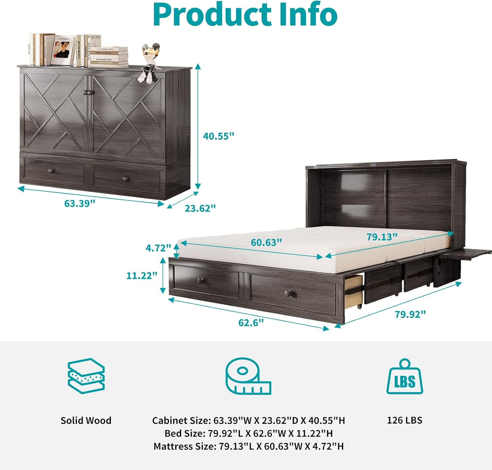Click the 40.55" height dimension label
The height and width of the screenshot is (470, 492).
219,136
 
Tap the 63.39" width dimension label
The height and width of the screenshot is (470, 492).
80,203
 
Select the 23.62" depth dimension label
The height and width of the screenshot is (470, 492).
200,208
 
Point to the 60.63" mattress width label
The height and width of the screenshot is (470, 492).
266,242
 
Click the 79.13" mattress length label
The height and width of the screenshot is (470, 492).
382,237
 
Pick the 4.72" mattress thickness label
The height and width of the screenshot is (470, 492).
158,248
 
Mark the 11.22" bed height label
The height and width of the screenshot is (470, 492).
142,276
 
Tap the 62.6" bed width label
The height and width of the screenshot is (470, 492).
251,323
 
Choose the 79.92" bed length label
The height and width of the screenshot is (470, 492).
410,314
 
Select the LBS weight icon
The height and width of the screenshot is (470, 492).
405,377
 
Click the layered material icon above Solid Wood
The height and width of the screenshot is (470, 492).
86,376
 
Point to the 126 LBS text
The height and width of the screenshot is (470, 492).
404,420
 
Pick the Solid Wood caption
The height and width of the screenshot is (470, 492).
86,420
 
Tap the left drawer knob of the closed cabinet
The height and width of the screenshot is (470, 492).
51,171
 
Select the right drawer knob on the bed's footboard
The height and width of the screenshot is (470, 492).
289,292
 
